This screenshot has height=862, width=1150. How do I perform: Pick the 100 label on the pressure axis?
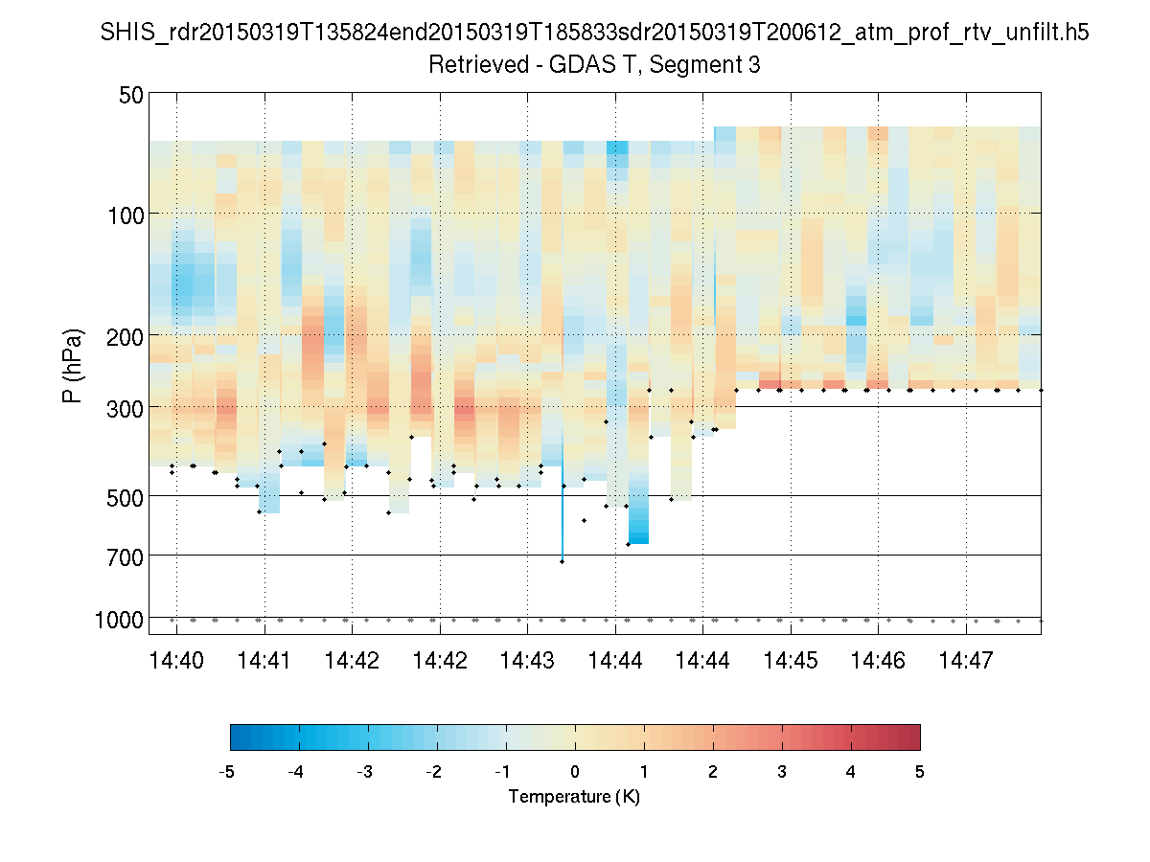point(126,214)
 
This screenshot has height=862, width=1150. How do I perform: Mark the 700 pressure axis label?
point(126,556)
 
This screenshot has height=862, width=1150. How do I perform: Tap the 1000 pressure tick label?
point(121,620)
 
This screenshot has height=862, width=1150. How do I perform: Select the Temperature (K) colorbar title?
point(574,797)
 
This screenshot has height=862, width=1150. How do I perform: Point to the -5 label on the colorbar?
point(227,772)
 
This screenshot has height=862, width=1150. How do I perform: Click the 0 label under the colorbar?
point(575,772)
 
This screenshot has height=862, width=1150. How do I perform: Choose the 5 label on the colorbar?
point(920,772)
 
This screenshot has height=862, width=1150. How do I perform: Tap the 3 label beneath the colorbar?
point(782,772)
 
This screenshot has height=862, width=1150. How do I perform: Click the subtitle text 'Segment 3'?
point(709,65)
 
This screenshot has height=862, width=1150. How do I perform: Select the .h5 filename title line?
point(594,33)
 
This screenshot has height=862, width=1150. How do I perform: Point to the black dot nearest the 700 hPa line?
point(562,561)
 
